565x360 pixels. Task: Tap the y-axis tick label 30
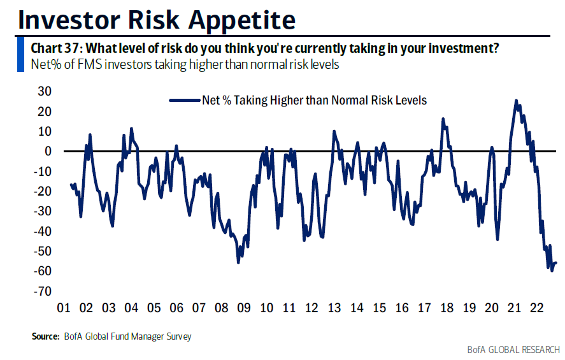coord(44,90)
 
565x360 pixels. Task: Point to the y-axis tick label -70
coord(41,291)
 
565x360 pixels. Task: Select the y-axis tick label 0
coord(47,151)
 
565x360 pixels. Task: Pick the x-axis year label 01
coord(63,309)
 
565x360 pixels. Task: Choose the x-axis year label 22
coord(536,309)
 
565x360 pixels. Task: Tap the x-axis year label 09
coord(243,309)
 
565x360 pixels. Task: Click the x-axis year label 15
coord(378,309)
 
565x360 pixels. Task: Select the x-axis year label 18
coord(446,309)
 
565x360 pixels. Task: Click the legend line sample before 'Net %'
coord(184,100)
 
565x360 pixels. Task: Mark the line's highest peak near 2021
coord(515,101)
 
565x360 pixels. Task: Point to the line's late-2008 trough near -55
coord(238,262)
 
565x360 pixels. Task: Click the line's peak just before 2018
coord(443,119)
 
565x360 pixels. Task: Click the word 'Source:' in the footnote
coord(45,336)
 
